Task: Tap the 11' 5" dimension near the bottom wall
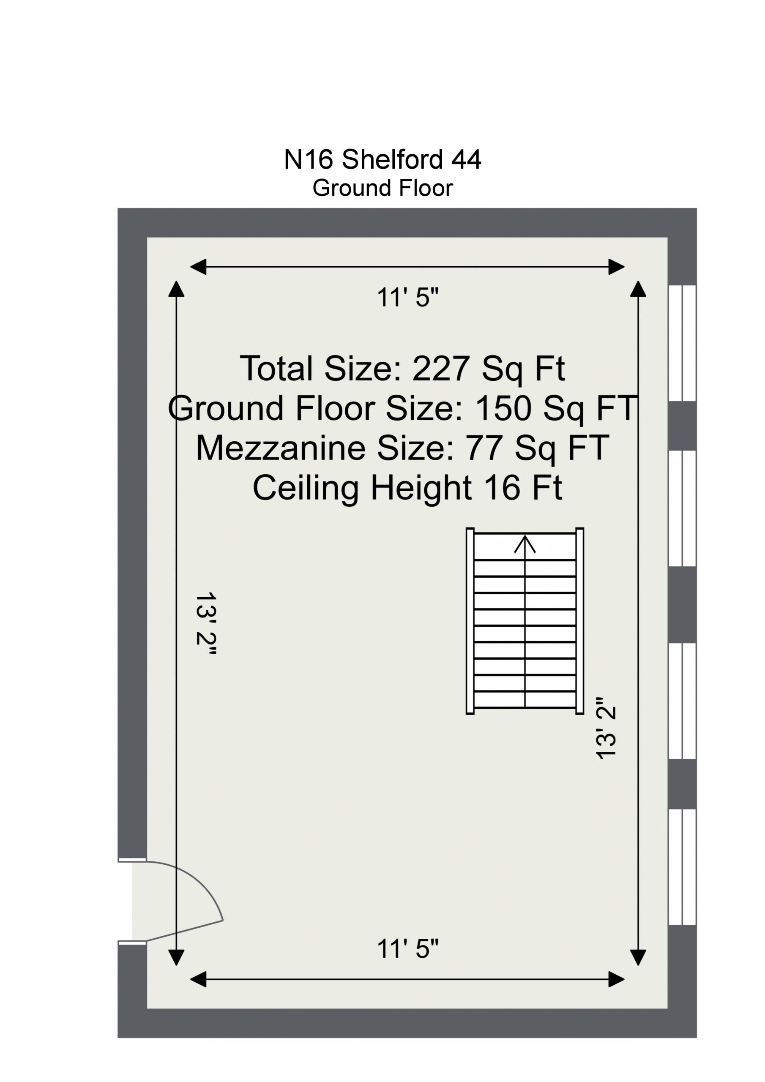click(408, 948)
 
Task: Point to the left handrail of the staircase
click(470, 620)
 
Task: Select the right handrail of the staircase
click(580, 620)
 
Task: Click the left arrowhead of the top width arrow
click(198, 267)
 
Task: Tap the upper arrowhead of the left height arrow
click(176, 289)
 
